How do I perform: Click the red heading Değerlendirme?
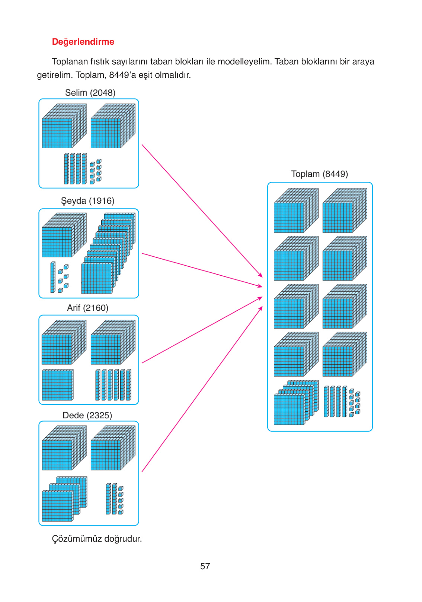[83, 42]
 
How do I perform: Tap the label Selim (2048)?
[90, 92]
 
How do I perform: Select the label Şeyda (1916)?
[87, 201]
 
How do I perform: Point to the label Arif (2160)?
[87, 308]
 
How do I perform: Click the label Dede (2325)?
[87, 415]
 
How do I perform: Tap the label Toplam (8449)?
[319, 174]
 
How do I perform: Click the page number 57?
[205, 566]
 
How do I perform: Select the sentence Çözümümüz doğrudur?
[97, 539]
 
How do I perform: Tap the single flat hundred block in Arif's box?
[57, 385]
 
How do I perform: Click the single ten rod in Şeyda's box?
[53, 277]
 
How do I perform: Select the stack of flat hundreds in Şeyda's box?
[108, 253]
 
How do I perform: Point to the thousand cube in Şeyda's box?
[64, 235]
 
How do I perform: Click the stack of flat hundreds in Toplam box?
[296, 402]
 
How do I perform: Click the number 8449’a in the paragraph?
[122, 75]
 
